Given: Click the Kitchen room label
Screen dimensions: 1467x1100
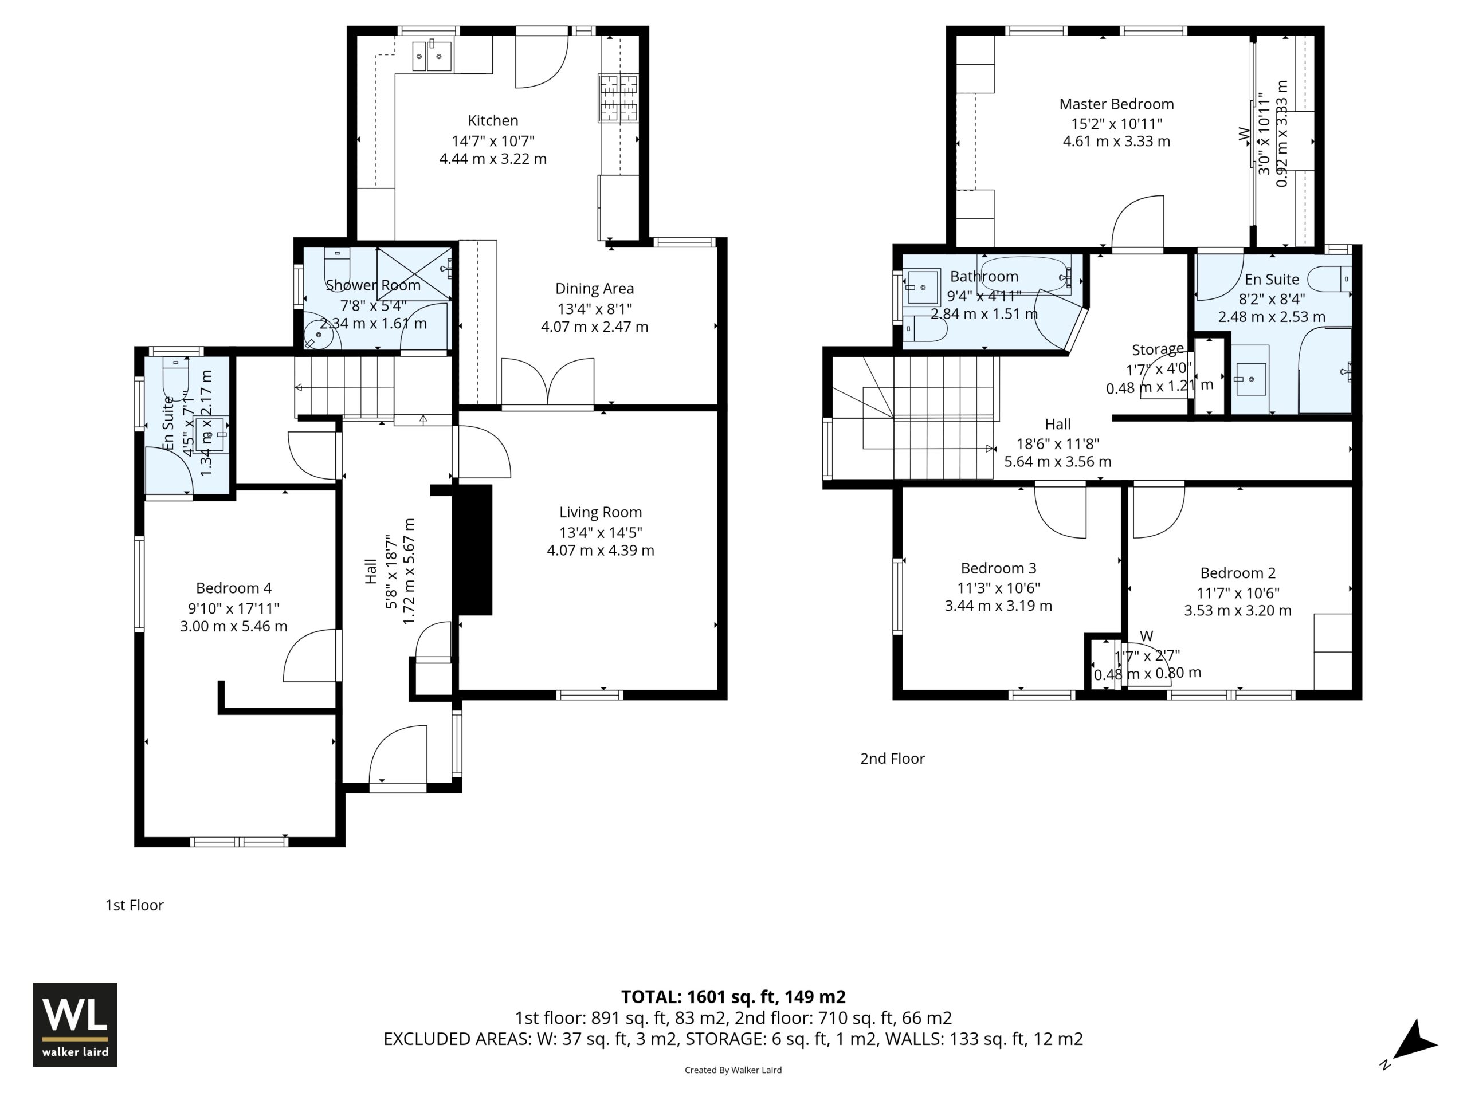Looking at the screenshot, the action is pyautogui.click(x=493, y=121).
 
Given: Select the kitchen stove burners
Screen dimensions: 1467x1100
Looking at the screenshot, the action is pyautogui.click(x=619, y=98).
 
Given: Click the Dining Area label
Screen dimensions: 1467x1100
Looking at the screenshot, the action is pyautogui.click(x=594, y=288).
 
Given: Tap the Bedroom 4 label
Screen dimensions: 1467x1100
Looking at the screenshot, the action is pyautogui.click(x=233, y=588).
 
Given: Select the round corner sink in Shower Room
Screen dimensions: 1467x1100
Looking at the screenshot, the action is pyautogui.click(x=320, y=334).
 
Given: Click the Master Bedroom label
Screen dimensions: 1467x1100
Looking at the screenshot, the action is pyautogui.click(x=1116, y=104).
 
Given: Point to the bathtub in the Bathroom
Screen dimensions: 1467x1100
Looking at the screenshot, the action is pyautogui.click(x=1025, y=274).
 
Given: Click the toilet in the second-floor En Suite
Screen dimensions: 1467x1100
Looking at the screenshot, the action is pyautogui.click(x=1331, y=278).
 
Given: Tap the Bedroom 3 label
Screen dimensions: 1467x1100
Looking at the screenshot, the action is pyautogui.click(x=998, y=568).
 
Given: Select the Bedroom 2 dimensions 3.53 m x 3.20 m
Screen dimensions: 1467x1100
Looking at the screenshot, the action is pyautogui.click(x=1238, y=611).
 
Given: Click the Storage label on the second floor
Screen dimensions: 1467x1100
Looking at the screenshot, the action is pyautogui.click(x=1158, y=349).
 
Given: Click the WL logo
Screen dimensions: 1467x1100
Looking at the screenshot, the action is pyautogui.click(x=75, y=1025).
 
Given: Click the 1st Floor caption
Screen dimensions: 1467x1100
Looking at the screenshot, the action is pyautogui.click(x=134, y=905).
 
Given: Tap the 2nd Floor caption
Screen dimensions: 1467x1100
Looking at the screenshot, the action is pyautogui.click(x=892, y=759).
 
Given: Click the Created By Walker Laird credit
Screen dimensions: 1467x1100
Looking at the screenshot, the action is pyautogui.click(x=733, y=1070).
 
